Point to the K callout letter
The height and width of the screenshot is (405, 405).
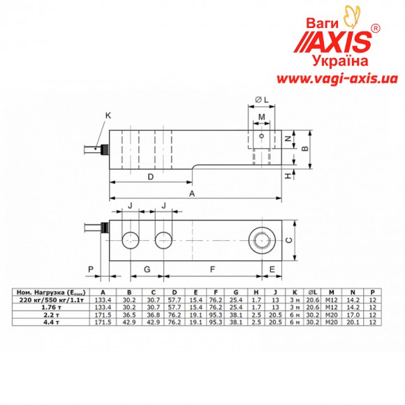pyautogui.click(x=108, y=115)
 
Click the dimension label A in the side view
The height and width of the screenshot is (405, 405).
pyautogui.click(x=192, y=195)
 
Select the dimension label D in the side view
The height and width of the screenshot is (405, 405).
pyautogui.click(x=151, y=177)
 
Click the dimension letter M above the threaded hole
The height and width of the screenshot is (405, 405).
pyautogui.click(x=261, y=117)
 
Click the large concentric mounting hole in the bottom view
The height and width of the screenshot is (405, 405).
pyautogui.click(x=263, y=239)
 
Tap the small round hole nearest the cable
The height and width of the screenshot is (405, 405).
pyautogui.click(x=129, y=239)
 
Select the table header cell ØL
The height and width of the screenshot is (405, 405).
pyautogui.click(x=311, y=292)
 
